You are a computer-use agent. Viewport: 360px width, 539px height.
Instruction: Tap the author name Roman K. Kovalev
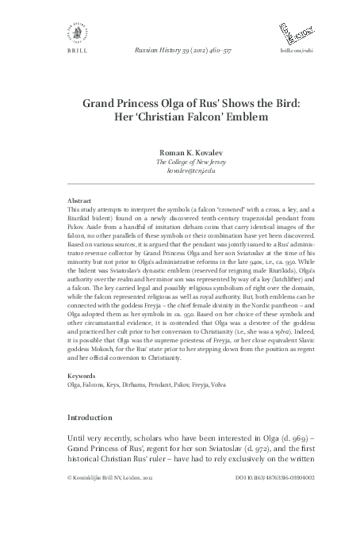(x=180, y=152)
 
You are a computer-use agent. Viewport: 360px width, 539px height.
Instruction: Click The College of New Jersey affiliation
(x=180, y=162)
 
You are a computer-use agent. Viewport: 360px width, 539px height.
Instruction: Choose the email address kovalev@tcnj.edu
(x=180, y=171)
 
